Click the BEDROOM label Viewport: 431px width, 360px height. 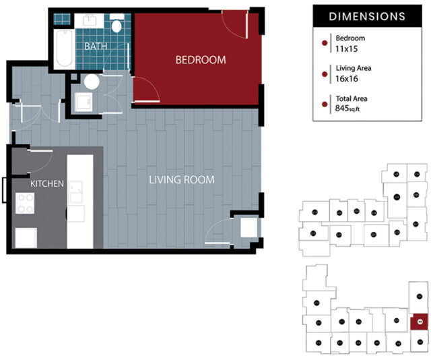click(200, 60)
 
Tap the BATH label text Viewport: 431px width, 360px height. click(96, 46)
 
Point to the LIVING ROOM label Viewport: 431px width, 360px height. click(181, 180)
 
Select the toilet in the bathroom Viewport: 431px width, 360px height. click(117, 27)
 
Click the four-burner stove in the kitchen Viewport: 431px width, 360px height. click(26, 204)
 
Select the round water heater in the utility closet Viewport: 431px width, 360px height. click(92, 82)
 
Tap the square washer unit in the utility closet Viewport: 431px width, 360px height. click(85, 102)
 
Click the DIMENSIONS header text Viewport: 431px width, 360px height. click(366, 16)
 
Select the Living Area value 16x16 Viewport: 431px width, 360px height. click(345, 78)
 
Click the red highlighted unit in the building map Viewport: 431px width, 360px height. click(419, 322)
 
